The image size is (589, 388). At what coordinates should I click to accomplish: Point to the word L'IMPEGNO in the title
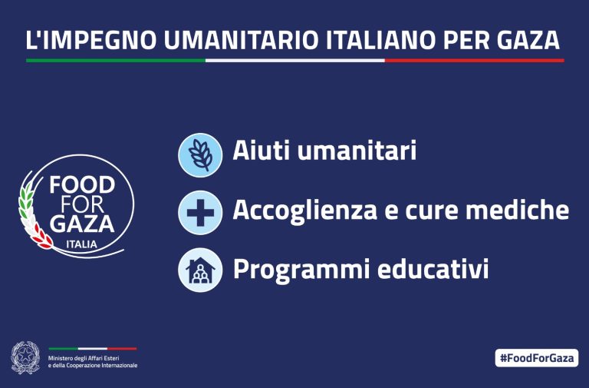pyautogui.click(x=91, y=40)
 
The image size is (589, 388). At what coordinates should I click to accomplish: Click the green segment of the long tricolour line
pyautogui.click(x=116, y=60)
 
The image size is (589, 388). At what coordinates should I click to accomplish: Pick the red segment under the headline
pyautogui.click(x=475, y=60)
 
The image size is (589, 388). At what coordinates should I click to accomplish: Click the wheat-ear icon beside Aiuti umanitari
pyautogui.click(x=200, y=155)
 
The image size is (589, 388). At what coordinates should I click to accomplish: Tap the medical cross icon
pyautogui.click(x=200, y=213)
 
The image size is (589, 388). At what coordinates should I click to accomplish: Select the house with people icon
pyautogui.click(x=200, y=270)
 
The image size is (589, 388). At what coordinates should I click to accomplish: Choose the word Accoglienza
pyautogui.click(x=304, y=209)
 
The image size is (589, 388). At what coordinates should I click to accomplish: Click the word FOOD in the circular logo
pyautogui.click(x=82, y=184)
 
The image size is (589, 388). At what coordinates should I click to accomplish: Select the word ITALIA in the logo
pyautogui.click(x=81, y=244)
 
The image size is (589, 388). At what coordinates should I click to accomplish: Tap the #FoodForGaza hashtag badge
pyautogui.click(x=537, y=357)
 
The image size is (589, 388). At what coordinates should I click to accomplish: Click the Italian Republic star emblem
pyautogui.click(x=25, y=357)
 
